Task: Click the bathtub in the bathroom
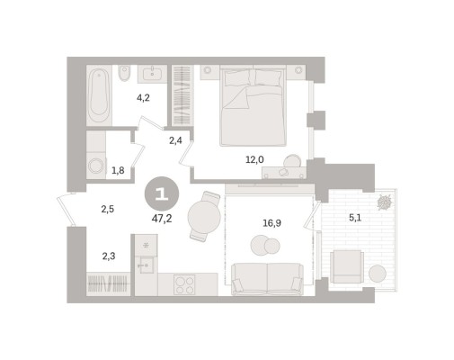[x=99, y=95]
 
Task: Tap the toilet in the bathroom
[x=124, y=73]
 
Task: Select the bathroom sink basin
[x=152, y=74]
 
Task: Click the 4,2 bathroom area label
[x=143, y=98]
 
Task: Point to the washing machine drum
[x=96, y=166]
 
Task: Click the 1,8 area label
[x=118, y=171]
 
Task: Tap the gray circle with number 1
[x=162, y=193]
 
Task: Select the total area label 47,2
[x=162, y=219]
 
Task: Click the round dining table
[x=204, y=216]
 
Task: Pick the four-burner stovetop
[x=184, y=284]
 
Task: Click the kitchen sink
[x=146, y=265]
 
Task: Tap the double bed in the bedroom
[x=253, y=105]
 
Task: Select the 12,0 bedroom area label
[x=254, y=160]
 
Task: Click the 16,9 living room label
[x=272, y=223]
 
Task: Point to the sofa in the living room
[x=267, y=279]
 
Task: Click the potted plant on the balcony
[x=384, y=202]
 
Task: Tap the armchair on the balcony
[x=347, y=266]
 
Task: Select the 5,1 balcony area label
[x=355, y=218]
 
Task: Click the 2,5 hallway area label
[x=107, y=209]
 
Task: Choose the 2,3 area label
[x=109, y=256]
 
